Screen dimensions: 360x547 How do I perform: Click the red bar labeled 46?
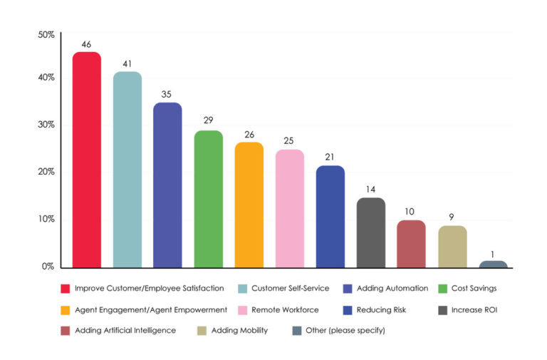tap(86, 160)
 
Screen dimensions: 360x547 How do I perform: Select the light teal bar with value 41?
tap(127, 170)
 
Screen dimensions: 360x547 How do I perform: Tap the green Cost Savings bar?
tap(208, 200)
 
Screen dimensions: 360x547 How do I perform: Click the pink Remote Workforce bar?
tap(290, 209)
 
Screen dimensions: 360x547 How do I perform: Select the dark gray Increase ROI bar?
tap(371, 233)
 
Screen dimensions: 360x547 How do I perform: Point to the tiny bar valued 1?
tap(493, 264)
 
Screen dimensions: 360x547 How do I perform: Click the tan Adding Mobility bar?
tap(452, 247)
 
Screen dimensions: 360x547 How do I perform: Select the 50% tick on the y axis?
tap(46, 34)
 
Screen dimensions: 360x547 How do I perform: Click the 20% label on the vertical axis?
tap(46, 172)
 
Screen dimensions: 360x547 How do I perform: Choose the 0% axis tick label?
tap(48, 267)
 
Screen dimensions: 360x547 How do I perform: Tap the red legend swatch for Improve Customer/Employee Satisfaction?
tap(65, 289)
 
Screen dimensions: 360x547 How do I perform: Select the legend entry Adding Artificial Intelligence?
tap(124, 331)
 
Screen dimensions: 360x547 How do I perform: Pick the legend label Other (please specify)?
tap(345, 331)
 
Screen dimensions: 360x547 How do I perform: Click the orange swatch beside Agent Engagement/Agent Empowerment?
tap(65, 310)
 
